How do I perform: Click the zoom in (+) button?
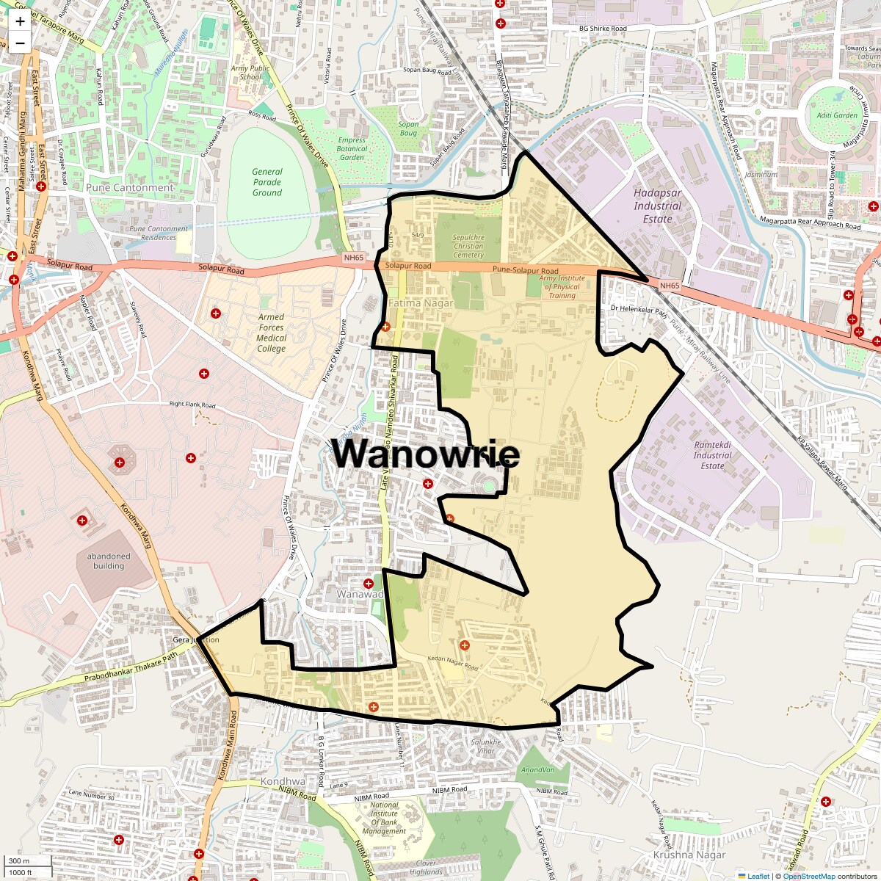pyautogui.click(x=20, y=21)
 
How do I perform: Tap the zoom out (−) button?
pyautogui.click(x=20, y=43)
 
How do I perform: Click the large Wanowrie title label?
pyautogui.click(x=426, y=453)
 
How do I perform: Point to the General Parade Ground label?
pyautogui.click(x=267, y=182)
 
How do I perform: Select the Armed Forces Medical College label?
pyautogui.click(x=271, y=333)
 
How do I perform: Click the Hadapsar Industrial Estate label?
pyautogui.click(x=657, y=206)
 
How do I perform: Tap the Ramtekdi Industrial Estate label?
pyautogui.click(x=712, y=455)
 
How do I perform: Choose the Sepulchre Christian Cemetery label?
pyautogui.click(x=468, y=246)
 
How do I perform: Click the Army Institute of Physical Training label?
pyautogui.click(x=562, y=287)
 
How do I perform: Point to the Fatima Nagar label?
pyautogui.click(x=421, y=303)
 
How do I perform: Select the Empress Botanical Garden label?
pyautogui.click(x=352, y=149)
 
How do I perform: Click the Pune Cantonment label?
pyautogui.click(x=130, y=188)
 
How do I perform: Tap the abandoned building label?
pyautogui.click(x=109, y=561)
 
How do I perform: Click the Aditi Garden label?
pyautogui.click(x=837, y=115)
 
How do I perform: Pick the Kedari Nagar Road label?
pyautogui.click(x=453, y=663)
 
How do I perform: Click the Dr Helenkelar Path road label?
pyautogui.click(x=638, y=310)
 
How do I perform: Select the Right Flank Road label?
pyautogui.click(x=192, y=405)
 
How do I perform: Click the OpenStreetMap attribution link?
pyautogui.click(x=808, y=876)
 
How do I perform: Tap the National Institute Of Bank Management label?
pyautogui.click(x=384, y=818)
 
